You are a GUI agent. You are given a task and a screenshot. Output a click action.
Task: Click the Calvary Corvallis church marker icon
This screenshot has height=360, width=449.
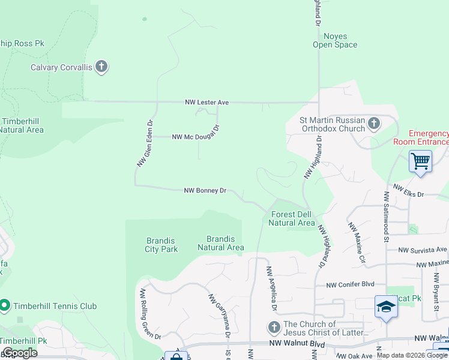pos(101,67)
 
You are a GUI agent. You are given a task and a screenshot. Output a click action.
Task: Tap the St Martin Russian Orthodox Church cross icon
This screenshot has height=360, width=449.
pos(374,124)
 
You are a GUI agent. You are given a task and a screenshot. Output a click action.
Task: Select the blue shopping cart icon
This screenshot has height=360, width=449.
pos(420,161)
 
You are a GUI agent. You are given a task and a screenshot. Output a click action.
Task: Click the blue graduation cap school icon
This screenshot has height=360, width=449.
pos(386,307)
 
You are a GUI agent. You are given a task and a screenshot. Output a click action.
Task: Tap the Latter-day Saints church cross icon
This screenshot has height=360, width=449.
pos(274,328)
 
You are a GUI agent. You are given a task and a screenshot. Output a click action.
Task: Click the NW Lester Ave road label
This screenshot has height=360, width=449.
pos(206,103)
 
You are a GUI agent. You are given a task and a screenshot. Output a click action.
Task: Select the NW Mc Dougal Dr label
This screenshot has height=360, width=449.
pos(196,137)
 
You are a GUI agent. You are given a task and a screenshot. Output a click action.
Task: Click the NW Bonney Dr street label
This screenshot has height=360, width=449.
pos(205,191)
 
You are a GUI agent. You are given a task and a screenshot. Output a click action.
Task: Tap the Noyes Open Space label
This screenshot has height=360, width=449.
pos(335,41)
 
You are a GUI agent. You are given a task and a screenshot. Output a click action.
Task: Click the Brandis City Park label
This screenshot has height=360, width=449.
pos(161,245)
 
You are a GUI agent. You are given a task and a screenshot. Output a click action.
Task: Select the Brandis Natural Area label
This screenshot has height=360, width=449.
pos(220,243)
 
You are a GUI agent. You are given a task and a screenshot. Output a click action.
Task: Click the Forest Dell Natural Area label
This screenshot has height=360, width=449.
pos(291,218)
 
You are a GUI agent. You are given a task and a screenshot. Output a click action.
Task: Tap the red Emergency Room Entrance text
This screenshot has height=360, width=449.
pos(421,137)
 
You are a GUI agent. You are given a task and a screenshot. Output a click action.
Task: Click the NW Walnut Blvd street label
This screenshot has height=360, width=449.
pos(297,344)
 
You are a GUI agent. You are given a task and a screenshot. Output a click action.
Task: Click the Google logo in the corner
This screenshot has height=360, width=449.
pos(20,353)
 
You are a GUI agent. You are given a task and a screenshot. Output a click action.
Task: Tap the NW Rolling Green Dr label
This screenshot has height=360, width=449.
pos(151,314)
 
